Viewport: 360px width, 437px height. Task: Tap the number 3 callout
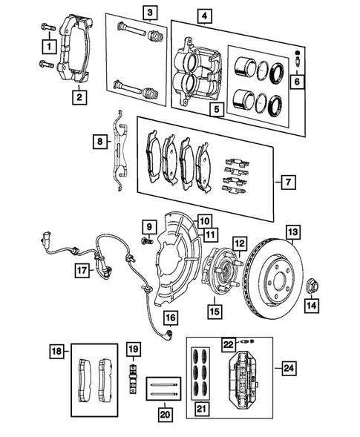151,12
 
